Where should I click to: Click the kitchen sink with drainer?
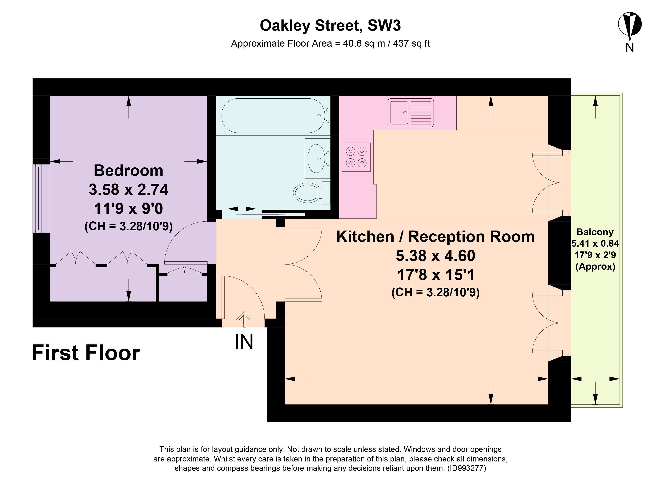click(410, 113)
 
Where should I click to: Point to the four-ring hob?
click(356, 157)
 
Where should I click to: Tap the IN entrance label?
click(244, 342)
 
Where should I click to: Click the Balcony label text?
click(595, 232)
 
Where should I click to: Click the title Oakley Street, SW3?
click(330, 26)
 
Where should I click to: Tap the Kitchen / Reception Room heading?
click(435, 237)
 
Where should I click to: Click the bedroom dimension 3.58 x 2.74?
click(128, 190)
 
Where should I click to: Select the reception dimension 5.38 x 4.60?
click(435, 256)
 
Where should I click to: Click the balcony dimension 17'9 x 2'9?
click(595, 255)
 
